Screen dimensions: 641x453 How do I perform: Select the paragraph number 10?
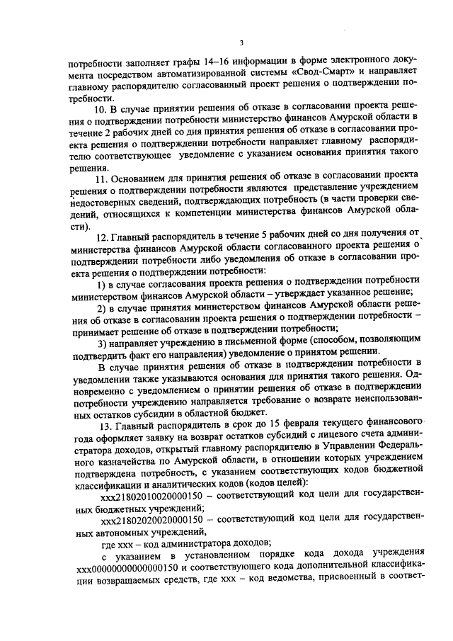click(x=99, y=108)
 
